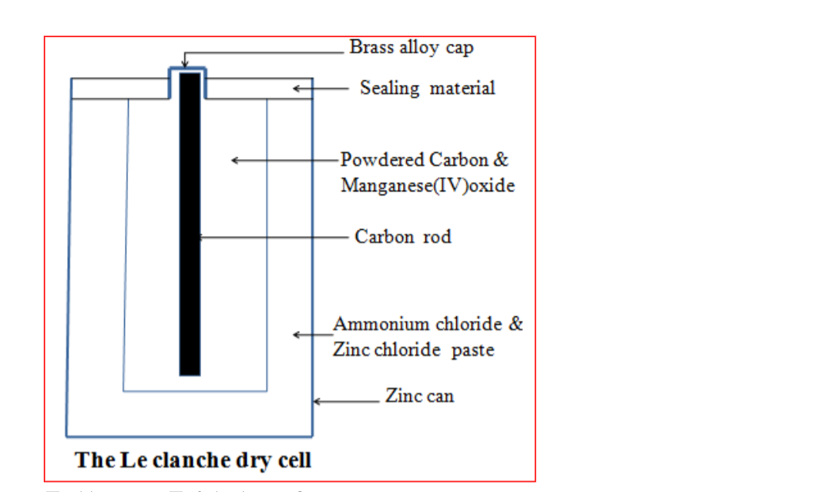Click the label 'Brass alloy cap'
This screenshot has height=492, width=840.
point(412,47)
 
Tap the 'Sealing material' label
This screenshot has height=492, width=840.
point(428,88)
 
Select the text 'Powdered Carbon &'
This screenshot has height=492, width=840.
point(425,160)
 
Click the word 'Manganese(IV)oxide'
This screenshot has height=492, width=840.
point(428,186)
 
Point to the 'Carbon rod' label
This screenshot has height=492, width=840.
point(403,236)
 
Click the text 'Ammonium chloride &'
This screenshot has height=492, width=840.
point(428,324)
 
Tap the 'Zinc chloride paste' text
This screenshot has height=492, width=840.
point(413,350)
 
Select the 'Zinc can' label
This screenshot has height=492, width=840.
point(420,396)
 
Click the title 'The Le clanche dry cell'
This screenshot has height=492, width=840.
point(193,460)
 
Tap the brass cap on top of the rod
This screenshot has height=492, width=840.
point(188,70)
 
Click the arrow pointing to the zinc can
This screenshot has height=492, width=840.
point(347,401)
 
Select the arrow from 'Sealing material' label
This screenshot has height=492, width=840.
point(320,89)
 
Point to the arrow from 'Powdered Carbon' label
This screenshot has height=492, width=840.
point(285,160)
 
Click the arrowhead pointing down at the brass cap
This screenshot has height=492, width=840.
point(184,62)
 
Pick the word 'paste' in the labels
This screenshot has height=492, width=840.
point(472,351)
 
